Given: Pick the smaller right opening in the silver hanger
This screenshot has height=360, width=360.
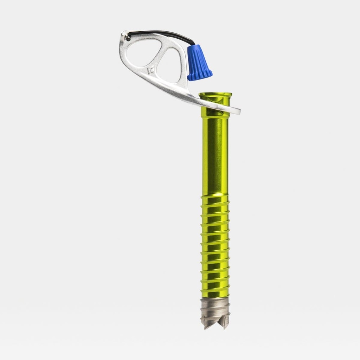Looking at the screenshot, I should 169,66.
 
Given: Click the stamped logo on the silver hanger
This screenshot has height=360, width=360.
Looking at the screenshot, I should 150,70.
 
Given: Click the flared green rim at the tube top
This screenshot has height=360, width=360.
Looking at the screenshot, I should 215,95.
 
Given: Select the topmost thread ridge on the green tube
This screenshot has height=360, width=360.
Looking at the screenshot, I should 215,198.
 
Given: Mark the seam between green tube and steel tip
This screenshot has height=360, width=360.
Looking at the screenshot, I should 215,298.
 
